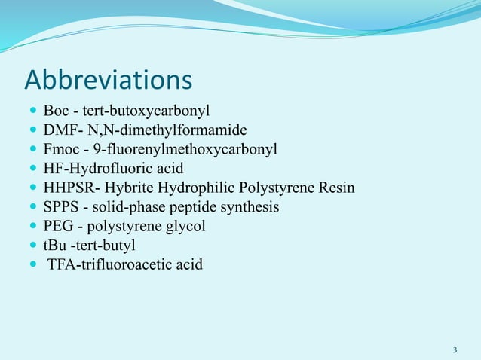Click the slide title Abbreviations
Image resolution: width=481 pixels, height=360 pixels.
pyautogui.click(x=109, y=79)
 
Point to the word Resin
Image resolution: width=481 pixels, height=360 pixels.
pyautogui.click(x=335, y=188)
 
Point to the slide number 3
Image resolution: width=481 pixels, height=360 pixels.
pyautogui.click(x=455, y=350)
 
